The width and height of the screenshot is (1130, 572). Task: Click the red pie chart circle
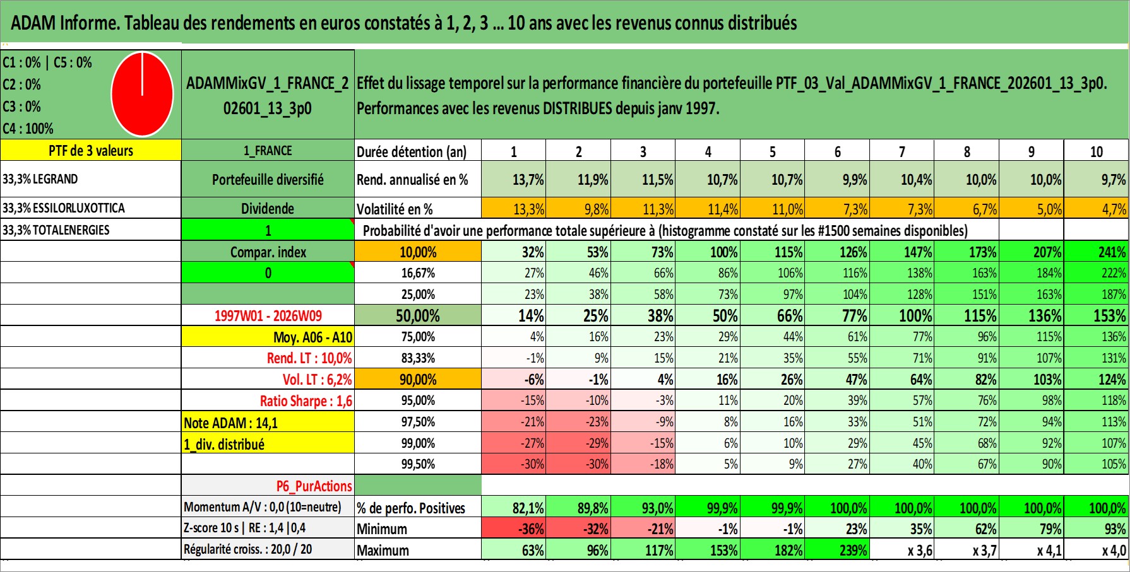[x=142, y=94]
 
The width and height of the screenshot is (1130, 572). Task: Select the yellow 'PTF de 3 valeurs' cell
[x=91, y=151]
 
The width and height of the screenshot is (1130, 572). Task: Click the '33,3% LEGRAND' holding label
[x=40, y=179]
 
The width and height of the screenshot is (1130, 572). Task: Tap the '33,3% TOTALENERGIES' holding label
[x=56, y=230]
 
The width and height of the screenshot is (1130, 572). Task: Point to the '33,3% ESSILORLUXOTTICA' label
[x=64, y=208]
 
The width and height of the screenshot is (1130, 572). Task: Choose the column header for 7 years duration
[x=901, y=151]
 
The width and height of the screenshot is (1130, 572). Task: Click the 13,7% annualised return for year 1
[x=528, y=180]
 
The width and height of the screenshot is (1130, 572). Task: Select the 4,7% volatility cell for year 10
[x=1113, y=209]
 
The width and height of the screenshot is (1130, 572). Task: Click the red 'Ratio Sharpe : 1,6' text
[x=306, y=401]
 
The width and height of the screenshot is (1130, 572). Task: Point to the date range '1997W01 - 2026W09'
[x=268, y=315]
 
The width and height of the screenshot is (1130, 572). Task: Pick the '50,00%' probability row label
[x=417, y=315]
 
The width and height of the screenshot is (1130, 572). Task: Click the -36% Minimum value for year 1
[x=532, y=528]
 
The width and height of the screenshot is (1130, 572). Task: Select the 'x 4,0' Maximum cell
[x=1114, y=550]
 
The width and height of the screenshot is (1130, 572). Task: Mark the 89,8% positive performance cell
[x=592, y=508]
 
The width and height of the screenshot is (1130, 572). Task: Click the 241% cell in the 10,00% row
[x=1112, y=252]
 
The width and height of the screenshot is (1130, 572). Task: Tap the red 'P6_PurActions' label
[x=314, y=486]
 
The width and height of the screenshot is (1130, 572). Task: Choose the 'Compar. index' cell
[x=268, y=252]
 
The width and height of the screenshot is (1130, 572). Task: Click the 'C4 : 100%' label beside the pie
[x=28, y=129]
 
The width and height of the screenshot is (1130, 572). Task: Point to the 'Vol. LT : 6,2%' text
[x=317, y=380]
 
